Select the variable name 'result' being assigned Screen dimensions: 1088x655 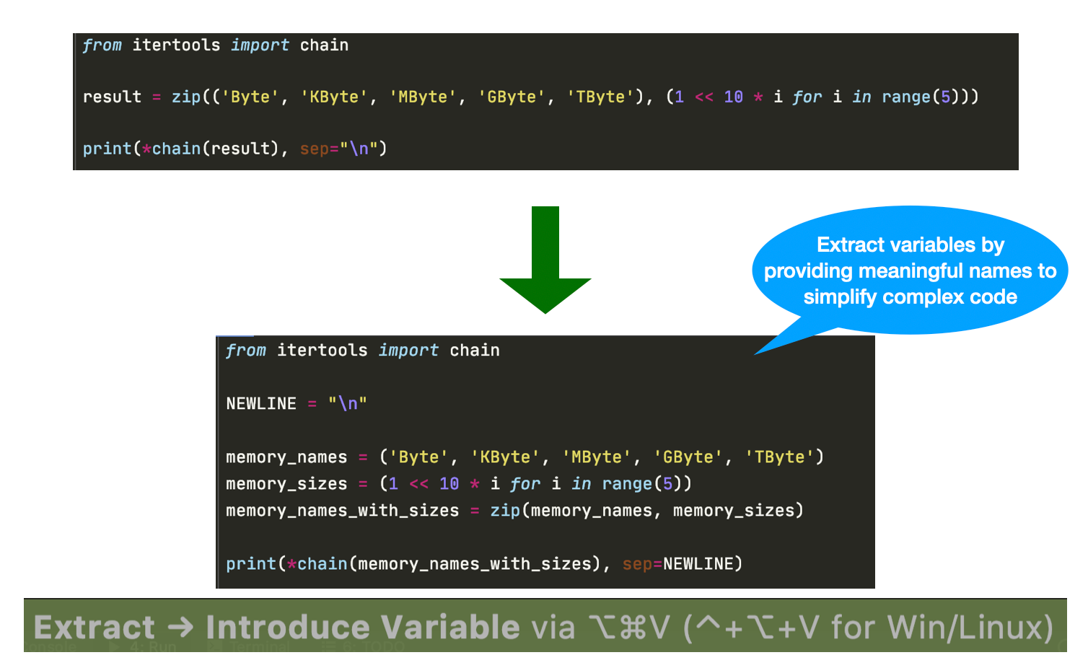coord(112,97)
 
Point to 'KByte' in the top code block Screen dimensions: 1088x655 coord(334,97)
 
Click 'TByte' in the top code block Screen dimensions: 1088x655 coord(600,97)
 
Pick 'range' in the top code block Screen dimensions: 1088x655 coord(906,97)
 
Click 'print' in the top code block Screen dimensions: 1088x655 coord(107,149)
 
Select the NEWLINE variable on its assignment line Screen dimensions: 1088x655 coord(261,403)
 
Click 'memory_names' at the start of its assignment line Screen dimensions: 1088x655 coord(286,457)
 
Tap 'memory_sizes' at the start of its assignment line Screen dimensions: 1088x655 coord(286,484)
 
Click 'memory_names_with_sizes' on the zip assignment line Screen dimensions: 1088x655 coord(342,511)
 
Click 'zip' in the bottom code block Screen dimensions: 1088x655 coord(505,511)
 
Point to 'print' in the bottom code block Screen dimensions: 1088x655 coord(250,564)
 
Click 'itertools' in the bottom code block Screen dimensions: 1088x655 coord(322,351)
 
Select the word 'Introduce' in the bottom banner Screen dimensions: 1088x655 coord(286,627)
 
